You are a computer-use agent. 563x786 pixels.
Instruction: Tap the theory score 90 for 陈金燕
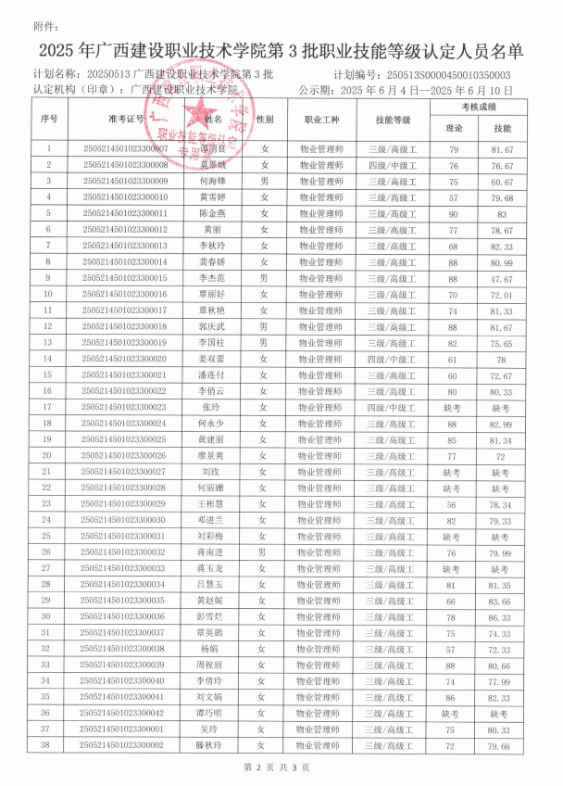click(454, 213)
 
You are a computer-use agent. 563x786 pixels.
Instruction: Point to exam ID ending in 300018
click(126, 326)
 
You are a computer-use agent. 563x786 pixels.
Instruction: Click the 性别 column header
click(265, 120)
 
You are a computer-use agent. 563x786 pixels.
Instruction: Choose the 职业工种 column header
click(321, 120)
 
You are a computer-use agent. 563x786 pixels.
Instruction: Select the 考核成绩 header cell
click(478, 108)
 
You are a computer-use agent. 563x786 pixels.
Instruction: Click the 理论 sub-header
click(454, 128)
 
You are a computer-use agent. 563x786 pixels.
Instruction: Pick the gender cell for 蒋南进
click(264, 552)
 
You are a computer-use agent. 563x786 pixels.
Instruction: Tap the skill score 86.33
click(502, 616)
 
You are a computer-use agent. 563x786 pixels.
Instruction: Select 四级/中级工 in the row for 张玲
click(390, 407)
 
